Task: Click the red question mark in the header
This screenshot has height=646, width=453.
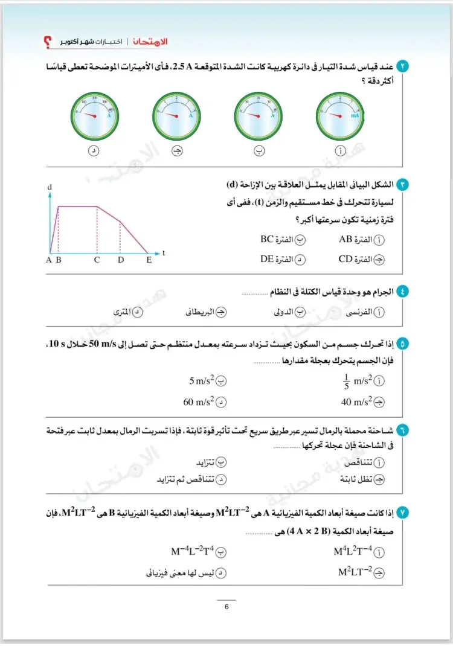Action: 48,42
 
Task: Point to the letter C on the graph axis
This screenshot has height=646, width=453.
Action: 97,260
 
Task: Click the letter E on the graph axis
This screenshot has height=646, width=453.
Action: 149,260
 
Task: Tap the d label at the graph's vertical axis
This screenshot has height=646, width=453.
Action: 50,188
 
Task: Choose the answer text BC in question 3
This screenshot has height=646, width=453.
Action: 268,239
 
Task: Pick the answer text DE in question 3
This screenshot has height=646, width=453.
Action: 268,260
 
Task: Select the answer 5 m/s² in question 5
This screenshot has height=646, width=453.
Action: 202,382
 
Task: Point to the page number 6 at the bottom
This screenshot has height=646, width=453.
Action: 226,607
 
